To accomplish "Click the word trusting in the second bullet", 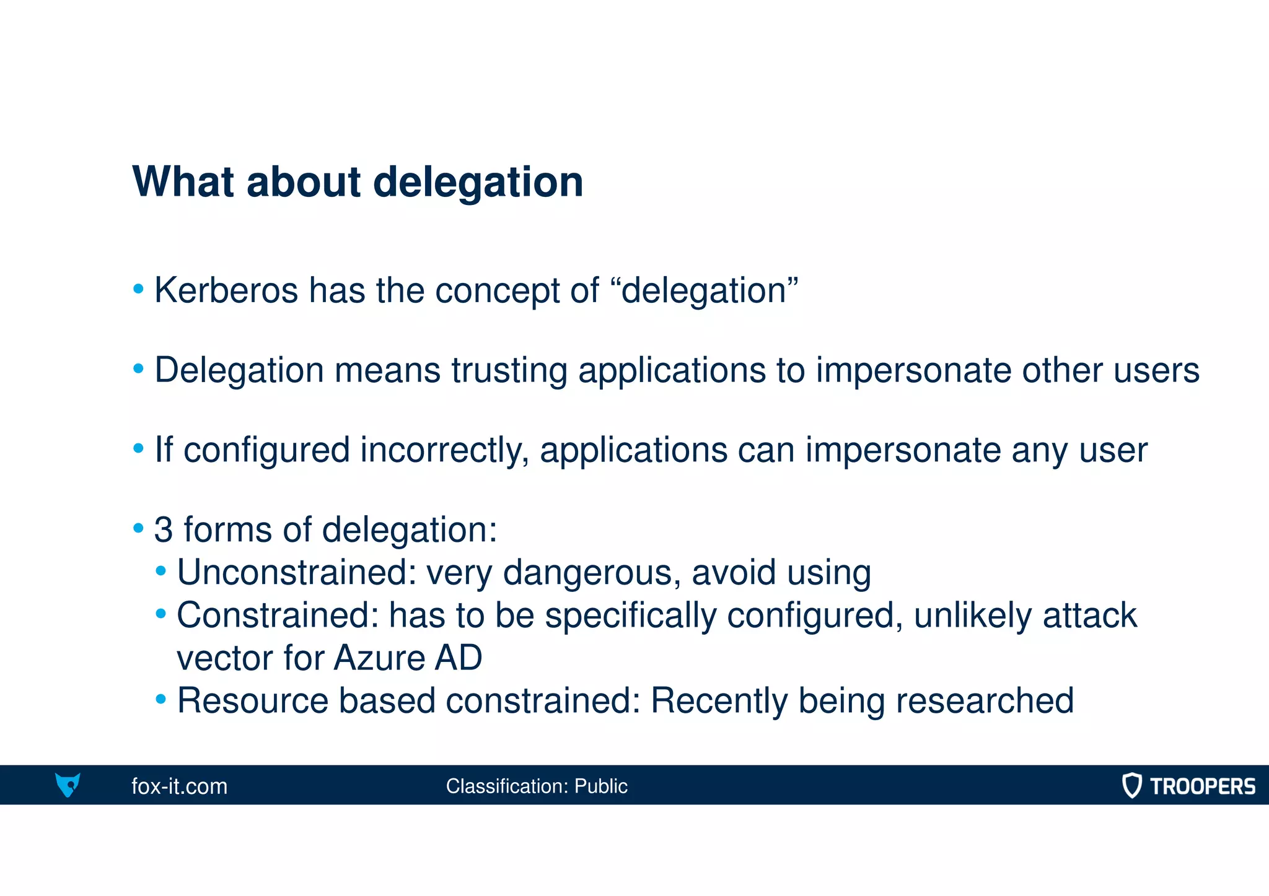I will click(x=509, y=370).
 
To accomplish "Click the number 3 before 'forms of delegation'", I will click(x=164, y=530).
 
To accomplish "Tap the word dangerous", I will click(x=587, y=572).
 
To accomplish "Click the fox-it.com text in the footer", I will click(x=179, y=786).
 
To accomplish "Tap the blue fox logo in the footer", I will click(x=68, y=785).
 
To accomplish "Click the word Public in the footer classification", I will click(x=600, y=786).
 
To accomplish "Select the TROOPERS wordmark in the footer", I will click(x=1202, y=786).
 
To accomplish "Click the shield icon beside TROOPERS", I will click(x=1131, y=785).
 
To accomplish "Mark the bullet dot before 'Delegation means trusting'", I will click(x=139, y=370).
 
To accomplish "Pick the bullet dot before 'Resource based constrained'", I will click(x=161, y=700).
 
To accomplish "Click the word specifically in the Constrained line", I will click(x=630, y=616).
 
